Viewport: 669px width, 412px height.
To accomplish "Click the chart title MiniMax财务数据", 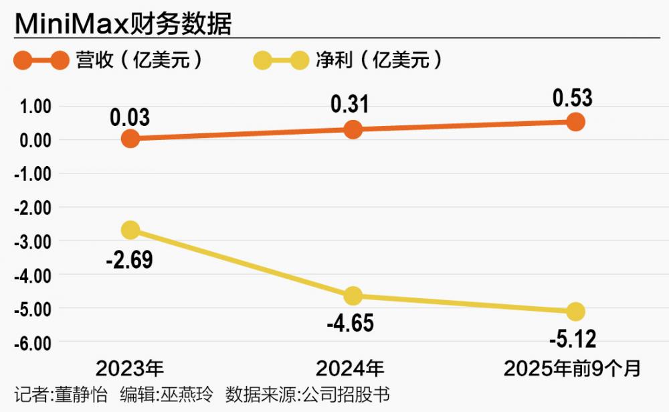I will (123, 25).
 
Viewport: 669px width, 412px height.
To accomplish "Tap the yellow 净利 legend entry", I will (348, 61).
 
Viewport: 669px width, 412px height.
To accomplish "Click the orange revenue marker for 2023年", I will (131, 139).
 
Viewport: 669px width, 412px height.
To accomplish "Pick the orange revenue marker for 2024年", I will (353, 129).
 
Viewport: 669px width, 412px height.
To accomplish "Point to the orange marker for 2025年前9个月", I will (575, 122).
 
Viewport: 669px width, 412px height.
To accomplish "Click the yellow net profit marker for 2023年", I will (131, 230).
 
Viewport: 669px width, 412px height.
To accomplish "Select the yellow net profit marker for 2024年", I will (353, 295).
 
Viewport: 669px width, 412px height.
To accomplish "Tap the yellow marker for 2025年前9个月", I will (575, 312).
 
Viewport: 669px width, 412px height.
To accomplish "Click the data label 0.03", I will (130, 117).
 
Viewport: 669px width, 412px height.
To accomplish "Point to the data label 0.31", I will (350, 105).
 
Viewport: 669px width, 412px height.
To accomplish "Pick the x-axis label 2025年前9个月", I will (572, 368).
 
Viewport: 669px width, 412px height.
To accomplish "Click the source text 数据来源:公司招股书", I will (308, 394).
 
